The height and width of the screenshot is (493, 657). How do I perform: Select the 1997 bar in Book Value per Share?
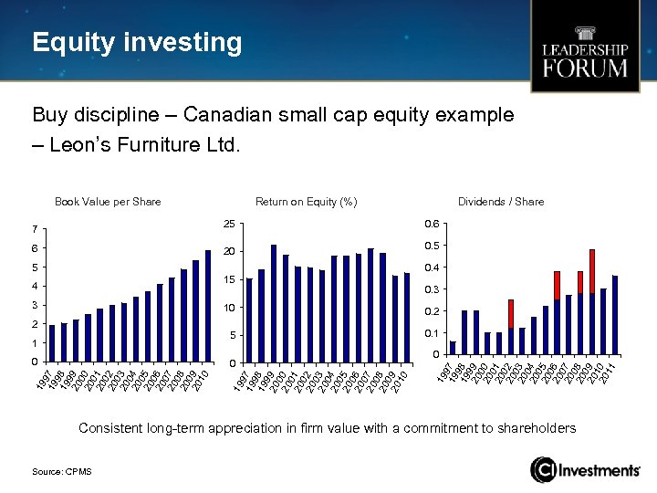tap(53, 343)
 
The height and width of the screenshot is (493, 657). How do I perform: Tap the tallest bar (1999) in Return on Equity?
tap(274, 304)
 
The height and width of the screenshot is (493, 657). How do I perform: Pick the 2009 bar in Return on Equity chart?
tap(394, 320)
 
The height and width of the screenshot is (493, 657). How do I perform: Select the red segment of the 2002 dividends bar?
tap(511, 313)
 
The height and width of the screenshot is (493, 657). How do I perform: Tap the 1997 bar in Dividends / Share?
tap(454, 348)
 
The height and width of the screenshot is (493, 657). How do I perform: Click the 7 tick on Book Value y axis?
tap(34, 229)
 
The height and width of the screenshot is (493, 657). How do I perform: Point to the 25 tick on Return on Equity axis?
tap(230, 224)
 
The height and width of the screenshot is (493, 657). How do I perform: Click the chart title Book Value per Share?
tap(108, 202)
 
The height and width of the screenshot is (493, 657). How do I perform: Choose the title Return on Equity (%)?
tap(306, 202)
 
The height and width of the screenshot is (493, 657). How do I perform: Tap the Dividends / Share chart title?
tap(501, 202)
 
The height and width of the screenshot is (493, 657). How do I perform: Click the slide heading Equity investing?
tap(137, 43)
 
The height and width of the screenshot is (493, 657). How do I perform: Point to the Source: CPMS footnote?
tap(61, 470)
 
